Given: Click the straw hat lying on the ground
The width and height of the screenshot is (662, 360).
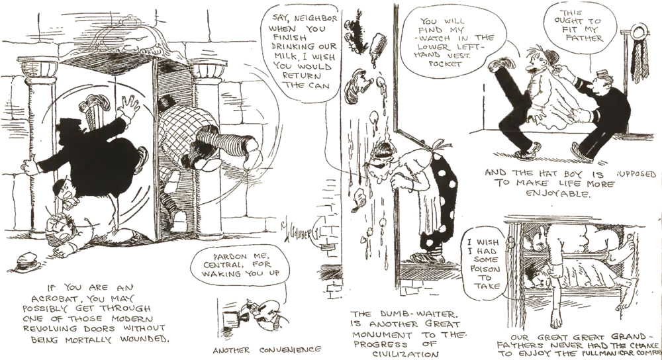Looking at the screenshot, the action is pyautogui.click(x=28, y=262).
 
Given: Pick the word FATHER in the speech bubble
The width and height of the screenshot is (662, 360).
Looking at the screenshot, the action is pyautogui.click(x=587, y=38).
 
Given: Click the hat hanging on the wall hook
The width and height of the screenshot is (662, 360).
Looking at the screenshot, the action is pyautogui.click(x=639, y=33).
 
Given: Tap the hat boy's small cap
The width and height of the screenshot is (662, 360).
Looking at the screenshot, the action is pyautogui.click(x=599, y=76).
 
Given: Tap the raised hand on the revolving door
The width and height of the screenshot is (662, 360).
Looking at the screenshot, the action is pyautogui.click(x=129, y=106).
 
